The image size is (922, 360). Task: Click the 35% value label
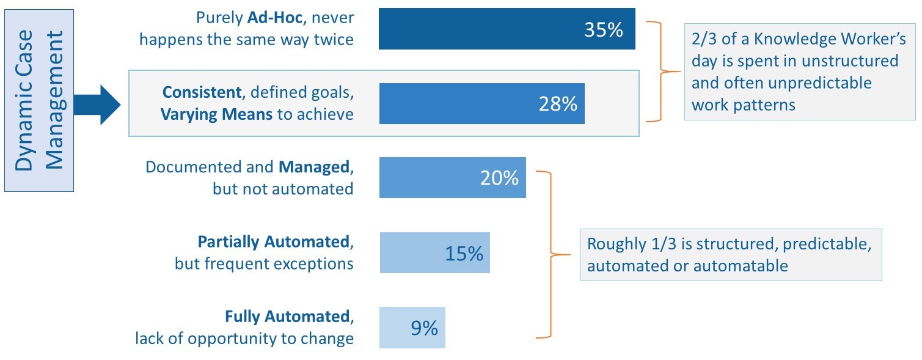point(604,30)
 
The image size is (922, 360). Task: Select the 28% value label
point(558,104)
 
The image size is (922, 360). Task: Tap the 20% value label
point(499,178)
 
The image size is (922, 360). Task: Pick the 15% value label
point(464,253)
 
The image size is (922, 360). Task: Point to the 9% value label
point(425,328)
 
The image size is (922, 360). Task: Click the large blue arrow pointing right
point(97,105)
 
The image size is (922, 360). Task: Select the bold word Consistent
point(202,92)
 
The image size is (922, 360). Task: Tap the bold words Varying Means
point(216,114)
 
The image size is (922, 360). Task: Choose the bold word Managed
point(314,167)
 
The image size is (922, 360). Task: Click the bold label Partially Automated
point(274,242)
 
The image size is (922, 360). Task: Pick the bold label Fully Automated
point(287,317)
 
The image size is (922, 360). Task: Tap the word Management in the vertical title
point(55,100)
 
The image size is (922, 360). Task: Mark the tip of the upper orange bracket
point(680,72)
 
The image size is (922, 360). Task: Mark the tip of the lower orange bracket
point(570,254)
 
